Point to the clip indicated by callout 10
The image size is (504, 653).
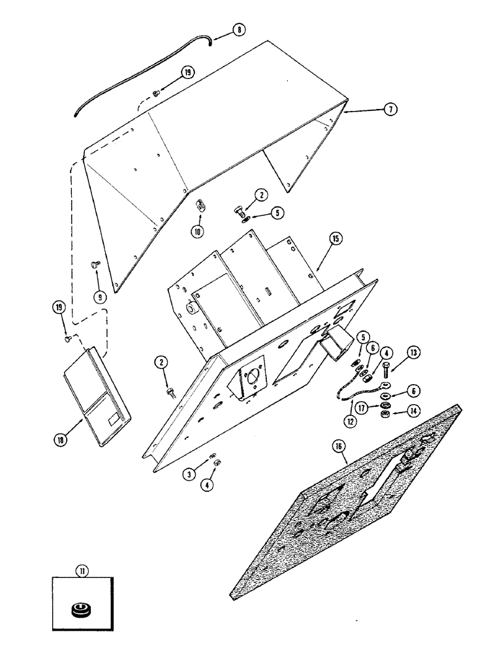[x=202, y=206]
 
